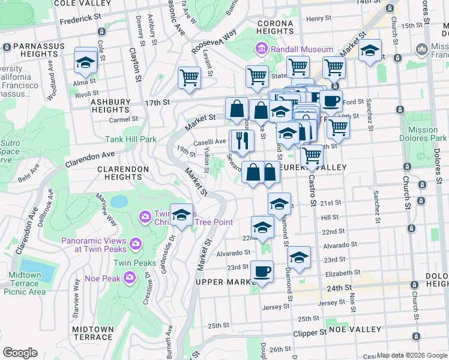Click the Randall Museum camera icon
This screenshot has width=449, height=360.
pyautogui.click(x=261, y=49)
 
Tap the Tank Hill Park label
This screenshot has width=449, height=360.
pyautogui.click(x=130, y=139)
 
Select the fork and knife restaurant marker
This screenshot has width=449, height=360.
pyautogui.click(x=243, y=142)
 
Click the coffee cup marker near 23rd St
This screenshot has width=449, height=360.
pyautogui.click(x=261, y=271)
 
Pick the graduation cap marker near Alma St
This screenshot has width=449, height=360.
pyautogui.click(x=86, y=62)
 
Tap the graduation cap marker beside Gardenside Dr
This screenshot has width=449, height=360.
pyautogui.click(x=181, y=215)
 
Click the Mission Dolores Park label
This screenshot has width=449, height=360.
pyautogui.click(x=423, y=134)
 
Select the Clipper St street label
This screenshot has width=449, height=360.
pyautogui.click(x=310, y=332)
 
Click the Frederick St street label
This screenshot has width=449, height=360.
pyautogui.click(x=80, y=19)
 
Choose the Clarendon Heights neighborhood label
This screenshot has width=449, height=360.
pyautogui.click(x=123, y=173)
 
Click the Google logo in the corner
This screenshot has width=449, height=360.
pyautogui.click(x=20, y=353)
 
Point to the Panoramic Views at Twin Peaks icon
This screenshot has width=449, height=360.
pyautogui.click(x=135, y=243)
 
